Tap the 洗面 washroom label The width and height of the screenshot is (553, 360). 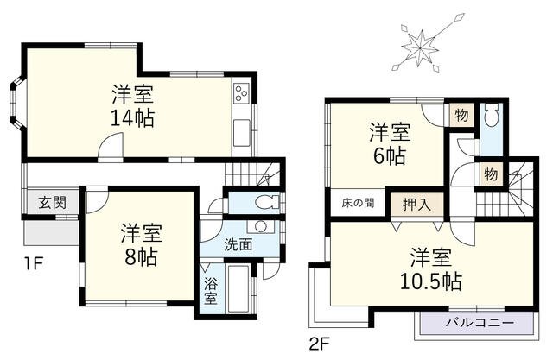[x=239, y=243]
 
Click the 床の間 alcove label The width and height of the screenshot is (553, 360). [x=356, y=204]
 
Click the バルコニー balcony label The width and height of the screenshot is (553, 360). [x=480, y=323]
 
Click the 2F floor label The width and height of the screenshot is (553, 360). [x=320, y=343]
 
